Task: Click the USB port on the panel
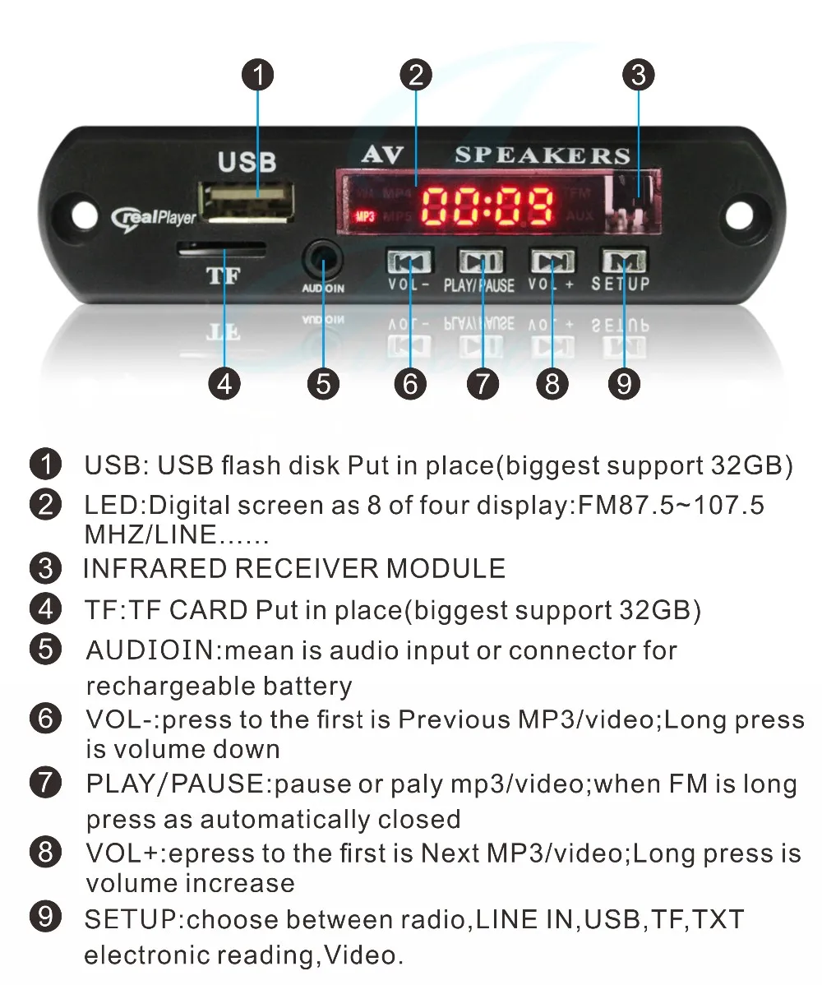(247, 200)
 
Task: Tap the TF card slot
(222, 247)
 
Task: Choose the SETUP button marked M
(624, 261)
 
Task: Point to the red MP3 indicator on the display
(363, 218)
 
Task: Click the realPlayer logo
(155, 216)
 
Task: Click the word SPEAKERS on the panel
(543, 155)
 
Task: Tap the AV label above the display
(383, 155)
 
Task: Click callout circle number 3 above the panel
(638, 76)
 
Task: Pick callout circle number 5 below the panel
(323, 384)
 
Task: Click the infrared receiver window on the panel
(630, 201)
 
